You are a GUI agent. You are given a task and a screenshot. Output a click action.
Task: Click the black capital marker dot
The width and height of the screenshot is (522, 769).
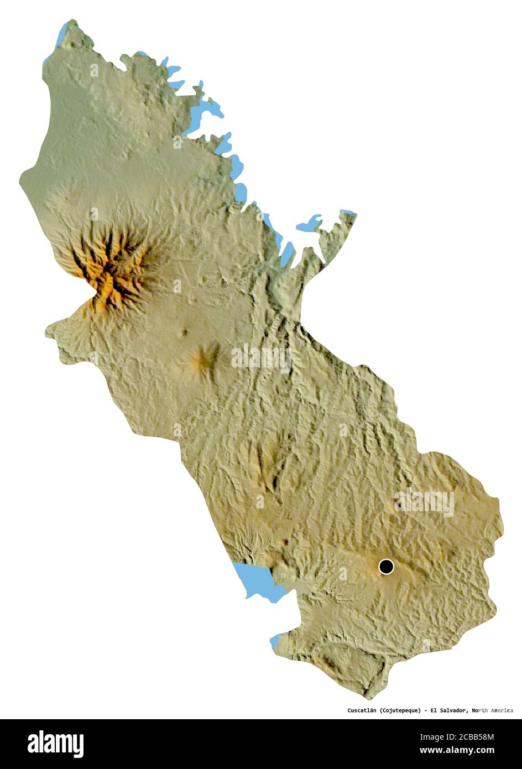coord(386,567)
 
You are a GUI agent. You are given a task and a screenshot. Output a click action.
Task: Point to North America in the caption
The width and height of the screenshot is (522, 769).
coord(493,710)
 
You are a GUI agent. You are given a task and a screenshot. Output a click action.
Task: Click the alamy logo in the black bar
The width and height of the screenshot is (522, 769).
coord(55,744)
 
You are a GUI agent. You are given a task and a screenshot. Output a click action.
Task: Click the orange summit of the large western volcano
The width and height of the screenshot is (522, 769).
coord(111,266)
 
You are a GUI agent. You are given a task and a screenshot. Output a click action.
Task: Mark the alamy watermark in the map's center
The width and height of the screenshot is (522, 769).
coord(261,358)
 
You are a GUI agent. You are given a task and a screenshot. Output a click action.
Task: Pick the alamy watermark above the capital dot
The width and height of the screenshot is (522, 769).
coord(425,502)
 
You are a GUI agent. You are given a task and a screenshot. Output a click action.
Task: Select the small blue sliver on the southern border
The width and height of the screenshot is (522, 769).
coord(275,642)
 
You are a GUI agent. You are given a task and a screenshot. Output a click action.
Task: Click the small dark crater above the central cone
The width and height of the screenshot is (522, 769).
coord(184,333)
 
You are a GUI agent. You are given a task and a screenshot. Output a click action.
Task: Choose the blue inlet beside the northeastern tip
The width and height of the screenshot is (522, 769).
coord(309,225)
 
